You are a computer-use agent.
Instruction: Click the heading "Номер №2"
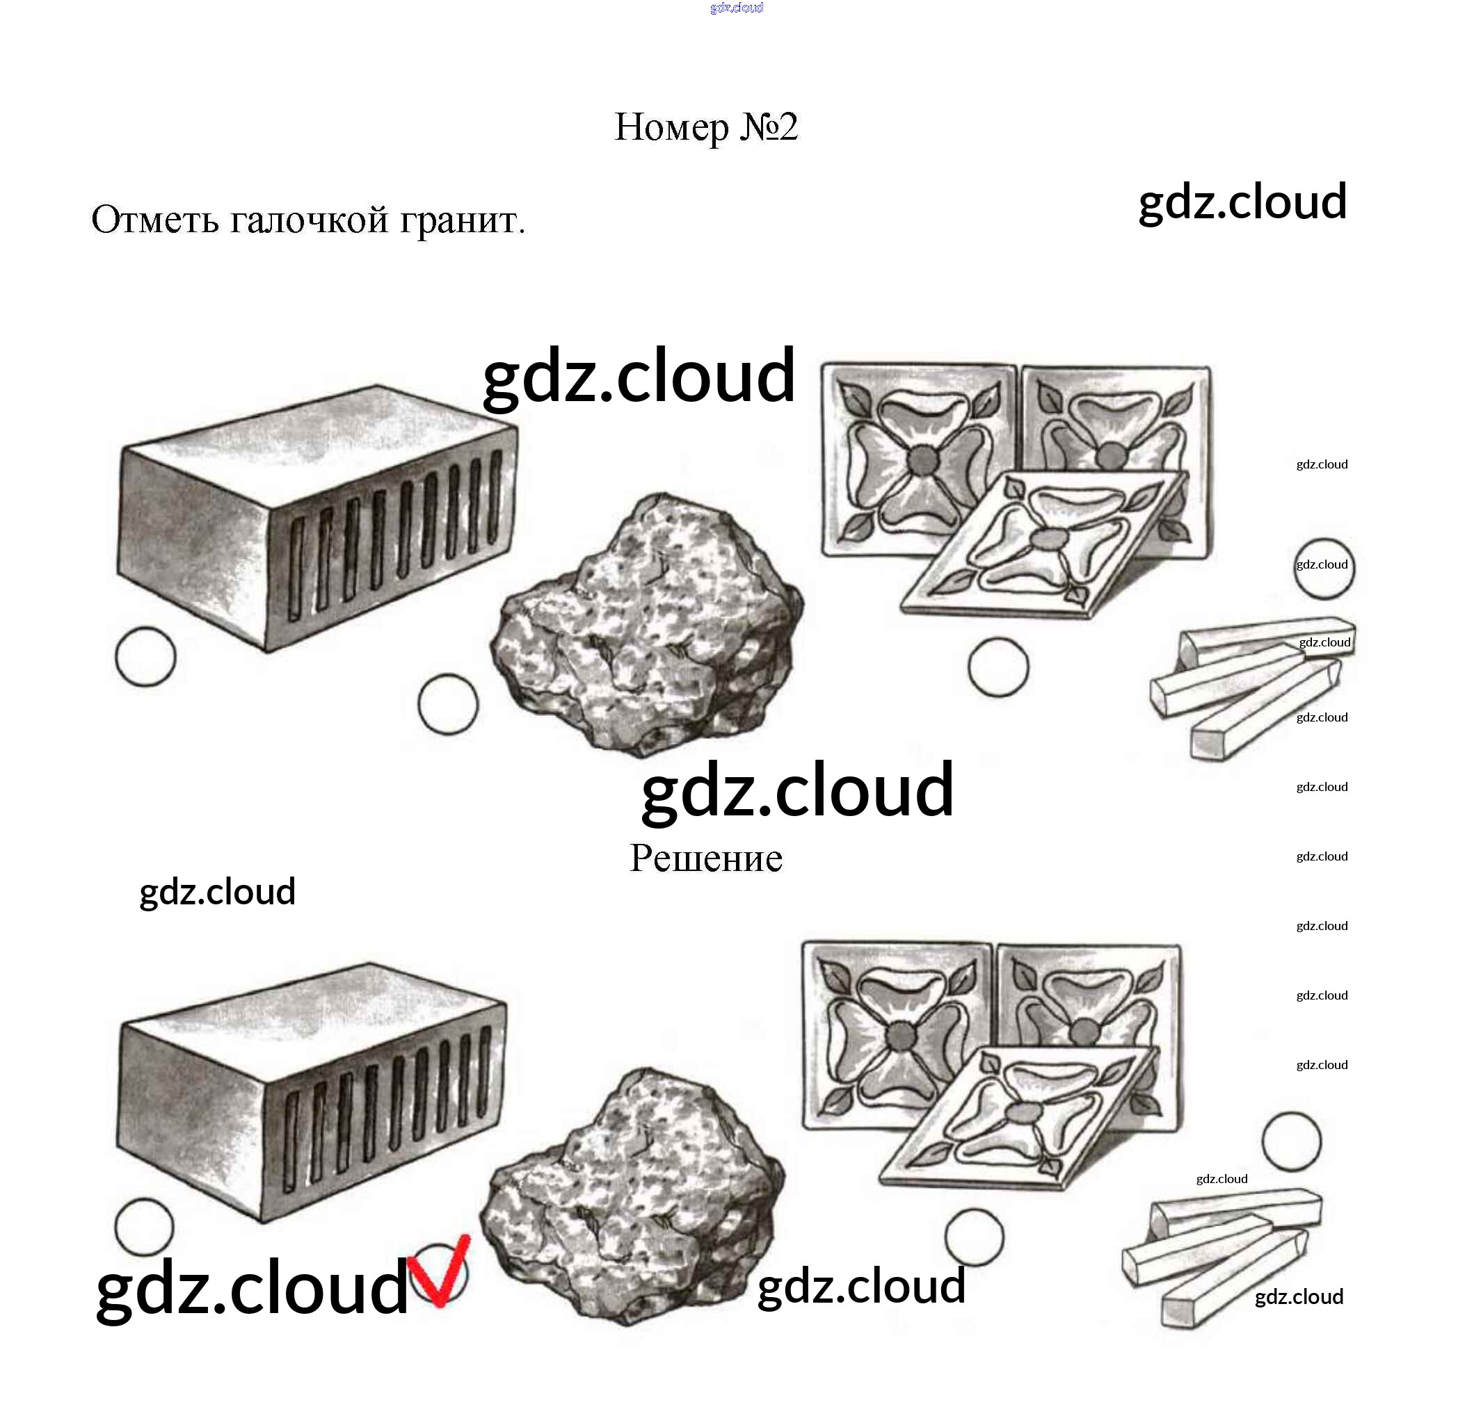tap(705, 127)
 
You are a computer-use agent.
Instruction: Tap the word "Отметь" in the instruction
tap(155, 220)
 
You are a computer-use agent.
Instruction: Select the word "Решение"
tap(705, 858)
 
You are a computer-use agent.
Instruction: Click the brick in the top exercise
tap(316, 519)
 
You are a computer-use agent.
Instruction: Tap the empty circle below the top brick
tap(145, 657)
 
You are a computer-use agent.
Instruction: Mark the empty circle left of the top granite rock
tap(447, 704)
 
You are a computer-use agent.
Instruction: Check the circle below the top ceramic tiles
tap(998, 667)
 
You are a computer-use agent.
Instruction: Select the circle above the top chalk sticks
tap(1324, 569)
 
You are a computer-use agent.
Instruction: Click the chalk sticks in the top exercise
tap(1249, 684)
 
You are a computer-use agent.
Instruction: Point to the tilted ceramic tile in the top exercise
tap(1046, 545)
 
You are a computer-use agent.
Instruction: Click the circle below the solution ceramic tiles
tap(974, 1237)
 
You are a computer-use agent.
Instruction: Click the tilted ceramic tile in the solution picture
tap(1019, 1120)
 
